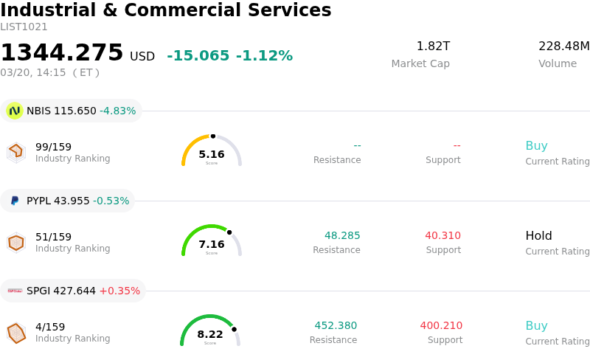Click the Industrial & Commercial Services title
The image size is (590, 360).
click(166, 11)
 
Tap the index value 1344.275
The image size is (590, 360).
click(62, 53)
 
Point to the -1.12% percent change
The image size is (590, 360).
click(264, 56)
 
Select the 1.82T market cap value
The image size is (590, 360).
click(433, 46)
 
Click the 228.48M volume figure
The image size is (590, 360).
click(563, 46)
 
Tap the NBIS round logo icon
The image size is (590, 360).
click(14, 111)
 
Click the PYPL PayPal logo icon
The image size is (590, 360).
click(15, 201)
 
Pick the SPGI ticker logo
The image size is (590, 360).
click(15, 291)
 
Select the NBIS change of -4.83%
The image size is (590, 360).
click(117, 111)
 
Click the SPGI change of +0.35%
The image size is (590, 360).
click(119, 291)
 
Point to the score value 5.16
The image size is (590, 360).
click(212, 154)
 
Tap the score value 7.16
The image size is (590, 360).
click(212, 244)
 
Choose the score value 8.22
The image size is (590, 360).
click(210, 334)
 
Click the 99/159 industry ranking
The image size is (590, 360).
click(53, 147)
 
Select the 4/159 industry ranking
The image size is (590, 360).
click(50, 327)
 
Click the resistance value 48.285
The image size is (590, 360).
click(342, 235)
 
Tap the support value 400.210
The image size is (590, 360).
click(441, 325)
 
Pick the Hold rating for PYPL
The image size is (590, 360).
click(538, 236)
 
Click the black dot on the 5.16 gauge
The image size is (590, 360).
click(213, 136)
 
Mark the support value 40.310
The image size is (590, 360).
click(442, 235)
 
